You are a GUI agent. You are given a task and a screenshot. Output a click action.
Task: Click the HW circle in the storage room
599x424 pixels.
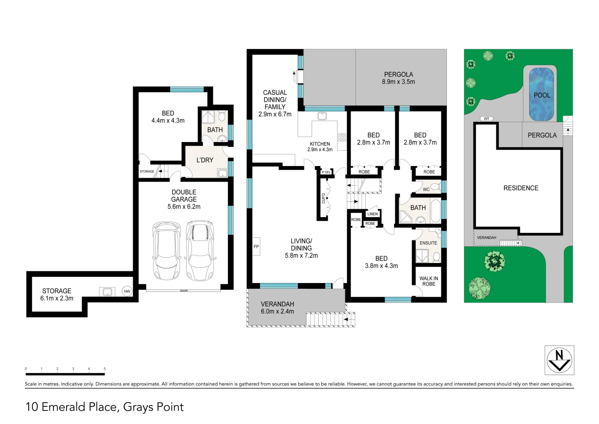[x=127, y=291]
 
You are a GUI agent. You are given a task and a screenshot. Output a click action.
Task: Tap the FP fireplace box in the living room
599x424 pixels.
[x=256, y=246]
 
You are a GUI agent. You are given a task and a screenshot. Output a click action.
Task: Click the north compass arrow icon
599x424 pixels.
[x=559, y=360]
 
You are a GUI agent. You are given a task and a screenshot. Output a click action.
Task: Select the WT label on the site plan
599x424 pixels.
[x=486, y=119]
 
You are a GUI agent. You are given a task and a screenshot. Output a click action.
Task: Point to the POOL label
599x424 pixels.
[x=542, y=95]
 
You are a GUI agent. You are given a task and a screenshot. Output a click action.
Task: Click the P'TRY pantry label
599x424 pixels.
[x=326, y=172]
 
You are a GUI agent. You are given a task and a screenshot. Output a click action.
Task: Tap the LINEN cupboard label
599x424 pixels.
[x=372, y=214]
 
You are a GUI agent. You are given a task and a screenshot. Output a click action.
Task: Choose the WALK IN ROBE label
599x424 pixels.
[x=429, y=281]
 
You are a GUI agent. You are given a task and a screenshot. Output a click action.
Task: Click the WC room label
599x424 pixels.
[x=426, y=190]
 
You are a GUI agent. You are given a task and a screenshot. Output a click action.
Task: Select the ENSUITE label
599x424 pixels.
[x=428, y=243]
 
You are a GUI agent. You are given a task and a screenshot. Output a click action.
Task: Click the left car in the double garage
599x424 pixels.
[x=167, y=251]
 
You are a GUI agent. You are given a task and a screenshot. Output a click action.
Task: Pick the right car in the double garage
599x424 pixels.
[x=200, y=251]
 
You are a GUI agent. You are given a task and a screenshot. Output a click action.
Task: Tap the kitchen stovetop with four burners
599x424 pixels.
[x=342, y=137]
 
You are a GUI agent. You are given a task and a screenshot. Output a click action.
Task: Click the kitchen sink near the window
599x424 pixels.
[x=322, y=116]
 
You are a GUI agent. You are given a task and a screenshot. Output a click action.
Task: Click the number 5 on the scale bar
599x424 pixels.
[x=105, y=369]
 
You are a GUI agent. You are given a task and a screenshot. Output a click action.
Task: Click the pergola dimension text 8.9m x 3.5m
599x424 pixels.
[x=398, y=82]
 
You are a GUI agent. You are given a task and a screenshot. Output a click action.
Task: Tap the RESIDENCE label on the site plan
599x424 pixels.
[x=521, y=188]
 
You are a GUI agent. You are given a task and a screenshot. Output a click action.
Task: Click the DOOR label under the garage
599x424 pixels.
[x=184, y=291]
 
